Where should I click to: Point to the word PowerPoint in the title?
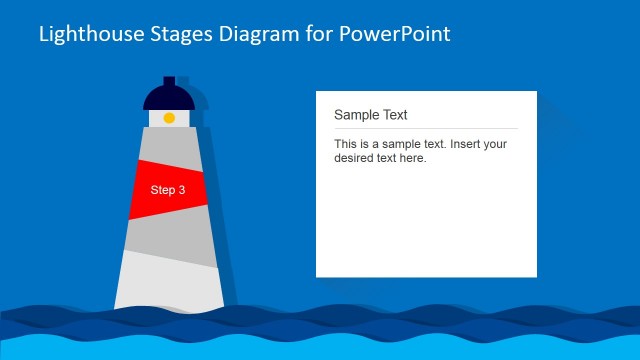(x=397, y=34)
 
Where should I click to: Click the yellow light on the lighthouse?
(x=169, y=118)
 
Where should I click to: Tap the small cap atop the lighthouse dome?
(x=169, y=80)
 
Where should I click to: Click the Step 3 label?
(x=168, y=190)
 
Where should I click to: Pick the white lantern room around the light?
(x=156, y=118)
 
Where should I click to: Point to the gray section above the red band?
(x=169, y=145)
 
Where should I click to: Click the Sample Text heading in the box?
(x=370, y=115)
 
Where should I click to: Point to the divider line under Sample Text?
(x=425, y=128)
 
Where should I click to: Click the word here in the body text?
(x=412, y=158)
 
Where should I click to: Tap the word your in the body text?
(x=494, y=144)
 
